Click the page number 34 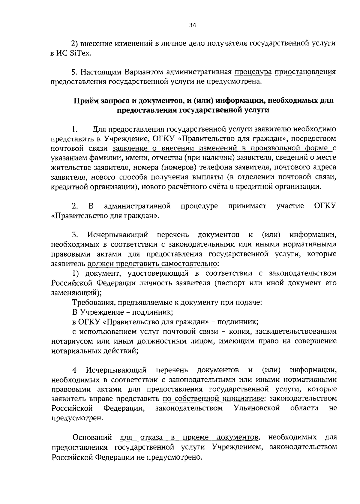pos(192,25)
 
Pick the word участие pos(290,206)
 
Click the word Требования pos(91,302)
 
